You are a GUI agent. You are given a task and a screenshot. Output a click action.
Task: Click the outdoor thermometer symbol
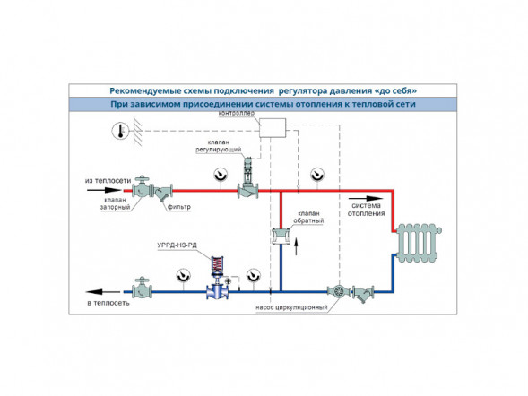(120, 131)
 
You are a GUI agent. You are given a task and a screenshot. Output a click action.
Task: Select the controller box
(273, 128)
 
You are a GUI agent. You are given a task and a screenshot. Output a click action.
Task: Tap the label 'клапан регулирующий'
(219, 146)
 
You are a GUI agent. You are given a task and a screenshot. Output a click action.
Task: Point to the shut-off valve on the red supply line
(143, 187)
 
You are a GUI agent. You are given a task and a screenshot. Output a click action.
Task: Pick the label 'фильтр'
(178, 207)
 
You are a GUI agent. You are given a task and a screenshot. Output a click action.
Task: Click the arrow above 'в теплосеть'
(103, 292)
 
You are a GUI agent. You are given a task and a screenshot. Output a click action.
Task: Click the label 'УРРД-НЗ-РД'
(177, 245)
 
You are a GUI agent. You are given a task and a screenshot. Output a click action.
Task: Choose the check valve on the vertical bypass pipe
(281, 236)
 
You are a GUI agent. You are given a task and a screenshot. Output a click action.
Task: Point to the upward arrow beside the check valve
(297, 247)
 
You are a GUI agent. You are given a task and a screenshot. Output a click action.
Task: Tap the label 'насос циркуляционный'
(291, 307)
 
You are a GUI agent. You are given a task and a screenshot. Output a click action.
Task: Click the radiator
(419, 243)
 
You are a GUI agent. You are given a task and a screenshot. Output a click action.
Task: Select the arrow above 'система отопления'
(366, 199)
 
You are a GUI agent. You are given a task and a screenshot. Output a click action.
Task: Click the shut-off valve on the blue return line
(142, 288)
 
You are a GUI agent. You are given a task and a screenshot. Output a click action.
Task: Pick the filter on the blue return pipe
(363, 294)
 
